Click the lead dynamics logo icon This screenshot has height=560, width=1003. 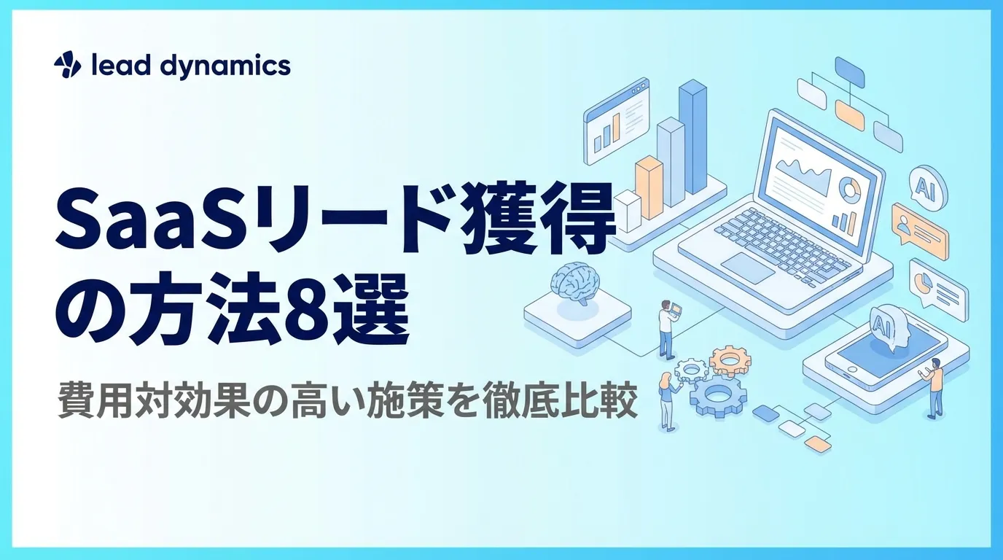[68, 66]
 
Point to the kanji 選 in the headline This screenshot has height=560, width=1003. [374, 316]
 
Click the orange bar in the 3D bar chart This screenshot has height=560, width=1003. [648, 188]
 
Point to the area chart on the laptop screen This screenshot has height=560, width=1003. [802, 175]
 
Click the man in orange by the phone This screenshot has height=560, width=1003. [934, 386]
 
